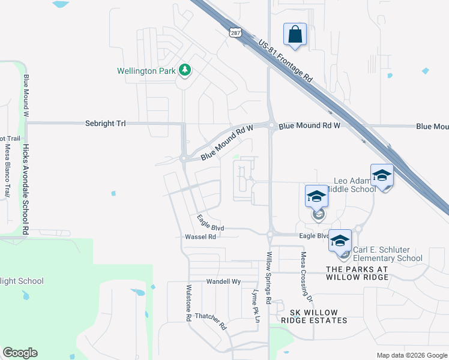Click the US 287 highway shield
click(235, 32)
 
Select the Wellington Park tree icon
click(185, 71)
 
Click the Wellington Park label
click(146, 71)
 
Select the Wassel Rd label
click(200, 237)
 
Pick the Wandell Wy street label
click(223, 281)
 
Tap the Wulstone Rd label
click(188, 301)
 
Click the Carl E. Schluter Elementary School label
click(387, 254)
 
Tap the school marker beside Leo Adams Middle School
click(382, 175)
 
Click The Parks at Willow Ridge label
click(357, 273)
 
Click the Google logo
click(20, 353)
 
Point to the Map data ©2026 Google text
click(411, 355)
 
